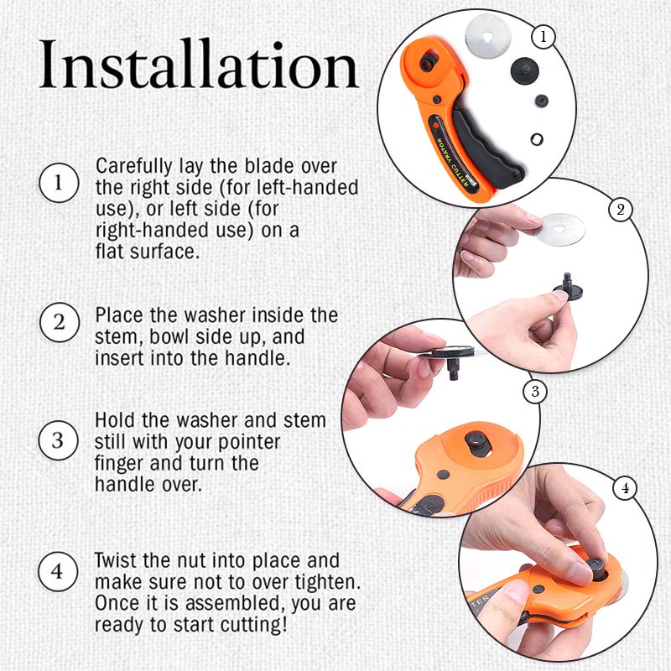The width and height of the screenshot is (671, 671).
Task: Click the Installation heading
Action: pyautogui.click(x=199, y=66)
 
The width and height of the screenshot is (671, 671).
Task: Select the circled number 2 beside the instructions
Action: pyautogui.click(x=57, y=323)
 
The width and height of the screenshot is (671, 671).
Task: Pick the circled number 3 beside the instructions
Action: pyautogui.click(x=57, y=440)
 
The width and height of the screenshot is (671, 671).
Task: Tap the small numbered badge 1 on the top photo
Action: pyautogui.click(x=544, y=37)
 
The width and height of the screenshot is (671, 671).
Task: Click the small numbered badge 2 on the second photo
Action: pyautogui.click(x=620, y=210)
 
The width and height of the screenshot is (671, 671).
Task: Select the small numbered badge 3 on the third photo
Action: pyautogui.click(x=534, y=391)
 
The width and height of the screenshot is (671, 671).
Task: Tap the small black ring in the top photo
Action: pyautogui.click(x=538, y=137)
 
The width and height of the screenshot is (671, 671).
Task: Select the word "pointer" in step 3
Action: pyautogui.click(x=249, y=441)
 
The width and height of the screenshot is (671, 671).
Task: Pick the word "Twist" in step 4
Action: pyautogui.click(x=117, y=560)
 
